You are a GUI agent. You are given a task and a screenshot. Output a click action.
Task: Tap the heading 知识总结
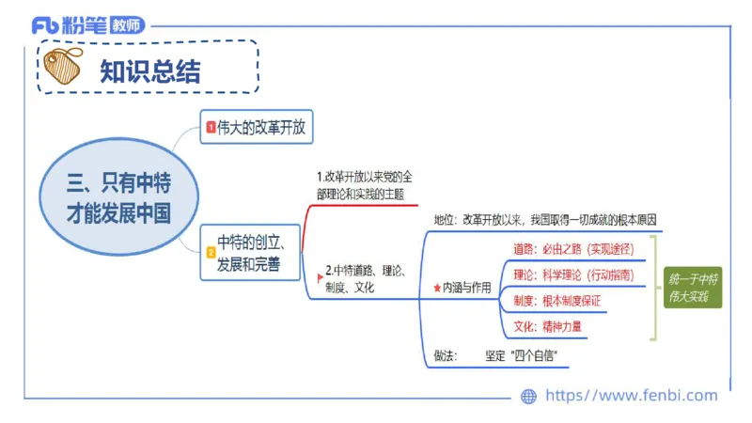(x=150, y=71)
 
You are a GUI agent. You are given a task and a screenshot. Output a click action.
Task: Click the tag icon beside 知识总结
(x=63, y=68)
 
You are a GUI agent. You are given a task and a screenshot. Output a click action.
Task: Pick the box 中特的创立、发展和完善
(x=250, y=253)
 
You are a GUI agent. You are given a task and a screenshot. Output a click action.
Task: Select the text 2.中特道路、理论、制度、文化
(x=365, y=279)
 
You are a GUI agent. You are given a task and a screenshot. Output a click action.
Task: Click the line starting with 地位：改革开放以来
(x=546, y=219)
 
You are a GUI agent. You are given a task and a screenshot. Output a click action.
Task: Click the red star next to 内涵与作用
(x=436, y=289)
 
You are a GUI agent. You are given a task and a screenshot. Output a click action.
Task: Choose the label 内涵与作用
(x=467, y=289)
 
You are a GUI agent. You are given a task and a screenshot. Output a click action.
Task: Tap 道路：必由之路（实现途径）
(x=573, y=249)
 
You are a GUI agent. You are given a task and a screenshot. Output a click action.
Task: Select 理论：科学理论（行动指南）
(x=573, y=275)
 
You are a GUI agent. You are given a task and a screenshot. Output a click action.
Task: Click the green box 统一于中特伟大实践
(x=693, y=289)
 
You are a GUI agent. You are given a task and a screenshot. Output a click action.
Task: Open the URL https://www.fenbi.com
(x=631, y=396)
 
